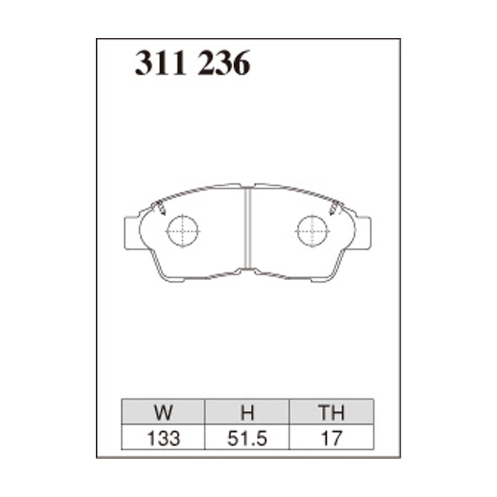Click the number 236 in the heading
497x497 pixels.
point(224,64)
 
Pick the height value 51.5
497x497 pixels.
point(248,438)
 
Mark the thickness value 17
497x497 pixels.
point(331,438)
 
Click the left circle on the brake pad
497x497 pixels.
point(182,231)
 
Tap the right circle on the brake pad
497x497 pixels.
point(312,231)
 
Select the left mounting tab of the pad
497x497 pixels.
point(132,232)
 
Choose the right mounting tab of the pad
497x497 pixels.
point(363,232)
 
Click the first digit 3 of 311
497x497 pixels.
point(144,64)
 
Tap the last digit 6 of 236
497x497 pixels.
point(241,64)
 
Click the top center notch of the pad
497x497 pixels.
point(248,186)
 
